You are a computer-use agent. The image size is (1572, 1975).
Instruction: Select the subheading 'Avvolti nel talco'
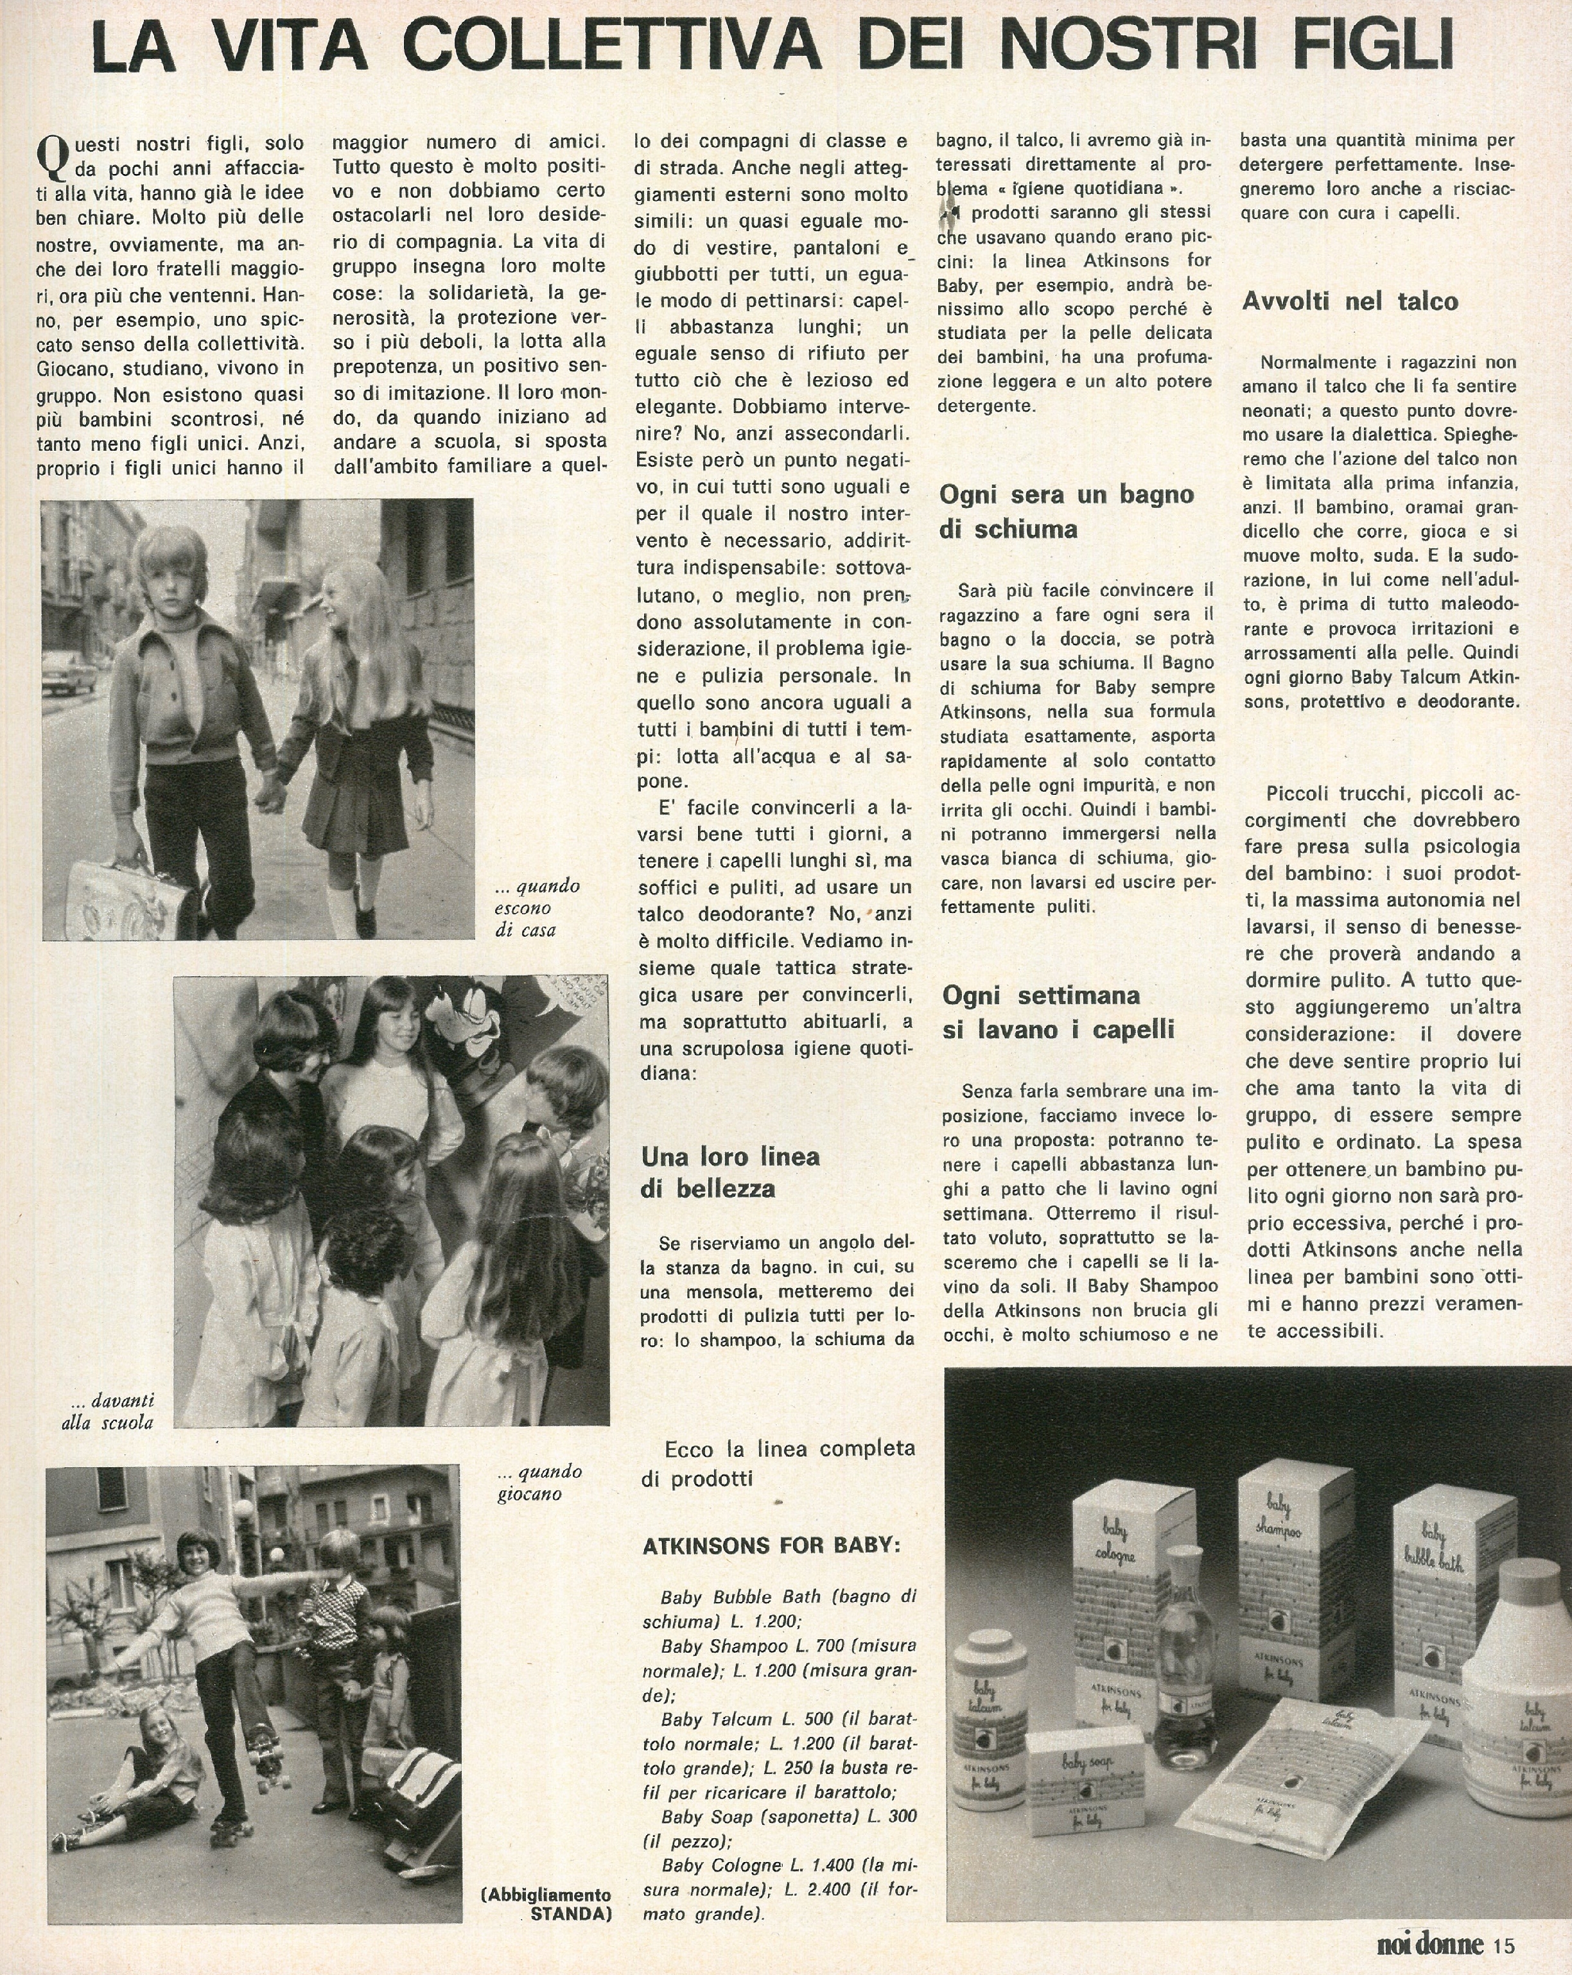[1349, 301]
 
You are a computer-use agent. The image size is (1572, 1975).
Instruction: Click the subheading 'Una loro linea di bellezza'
[730, 1172]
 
